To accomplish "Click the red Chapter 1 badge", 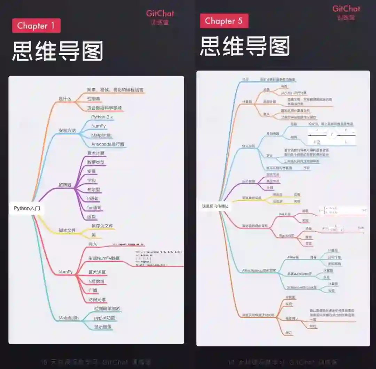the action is coord(36,26).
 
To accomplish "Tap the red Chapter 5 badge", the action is coord(224,21).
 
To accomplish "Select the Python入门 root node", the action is coord(27,208).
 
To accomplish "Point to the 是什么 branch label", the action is coord(65,99).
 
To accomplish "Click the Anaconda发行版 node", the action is coord(108,144).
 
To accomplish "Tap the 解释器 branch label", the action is coord(65,185).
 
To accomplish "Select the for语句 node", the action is coord(94,208).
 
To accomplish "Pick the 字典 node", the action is coord(92,181).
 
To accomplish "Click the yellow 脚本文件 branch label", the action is coord(67,230).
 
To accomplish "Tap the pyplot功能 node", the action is coord(104,318).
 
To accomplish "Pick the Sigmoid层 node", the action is coord(287,235).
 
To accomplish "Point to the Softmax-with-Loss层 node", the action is coord(302,287).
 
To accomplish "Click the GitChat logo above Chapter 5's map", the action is coord(346,9).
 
